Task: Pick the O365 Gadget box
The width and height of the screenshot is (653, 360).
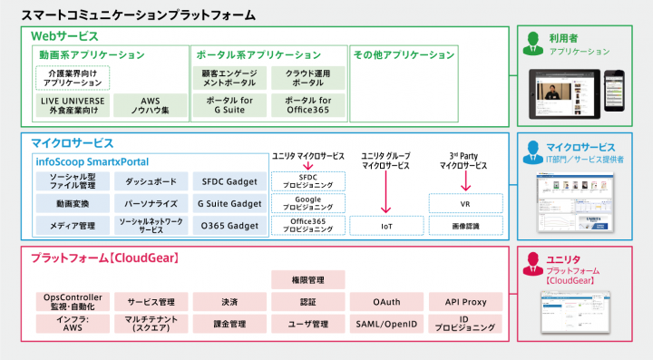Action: pyautogui.click(x=229, y=224)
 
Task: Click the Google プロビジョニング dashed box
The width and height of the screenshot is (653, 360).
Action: pyautogui.click(x=307, y=202)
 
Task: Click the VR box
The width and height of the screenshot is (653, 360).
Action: pyautogui.click(x=464, y=202)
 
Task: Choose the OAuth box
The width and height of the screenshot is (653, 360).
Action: pyautogui.click(x=385, y=301)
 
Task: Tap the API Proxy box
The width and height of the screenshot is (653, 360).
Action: pyautogui.click(x=465, y=301)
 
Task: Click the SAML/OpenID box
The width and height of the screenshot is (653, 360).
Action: pyautogui.click(x=385, y=323)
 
